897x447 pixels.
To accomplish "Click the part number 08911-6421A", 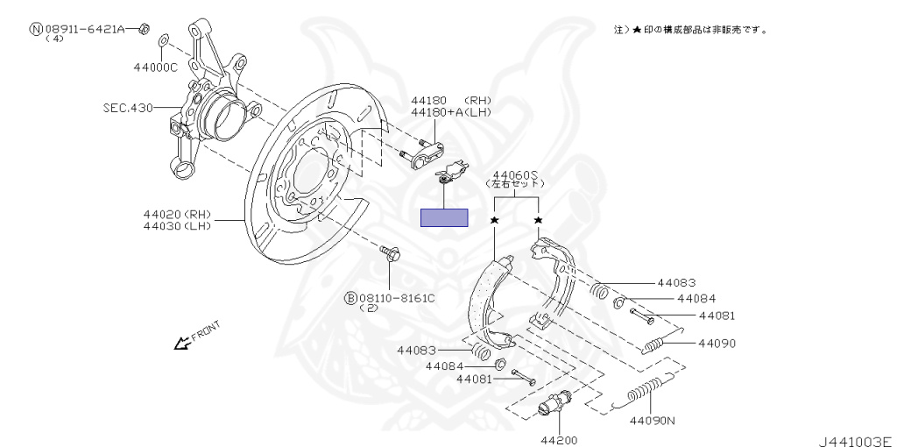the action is point(84,28).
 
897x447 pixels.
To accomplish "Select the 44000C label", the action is point(156,67).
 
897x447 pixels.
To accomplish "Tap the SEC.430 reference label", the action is point(128,107).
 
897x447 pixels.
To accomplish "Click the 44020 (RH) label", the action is point(177,215).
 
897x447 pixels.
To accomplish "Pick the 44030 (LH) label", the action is point(177,226).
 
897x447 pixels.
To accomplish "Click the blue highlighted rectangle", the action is point(444,217).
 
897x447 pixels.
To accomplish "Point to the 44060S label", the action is point(516,174).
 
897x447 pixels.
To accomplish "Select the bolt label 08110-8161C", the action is point(397,298).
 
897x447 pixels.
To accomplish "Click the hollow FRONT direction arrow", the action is point(182,343).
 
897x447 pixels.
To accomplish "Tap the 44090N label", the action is point(652,422).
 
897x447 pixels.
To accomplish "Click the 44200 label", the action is point(559,440).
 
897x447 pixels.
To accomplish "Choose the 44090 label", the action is point(717,344).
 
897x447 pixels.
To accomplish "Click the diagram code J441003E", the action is point(856,441).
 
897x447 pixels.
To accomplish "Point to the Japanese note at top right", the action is point(690,29).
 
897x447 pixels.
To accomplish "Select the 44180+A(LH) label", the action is point(451,112).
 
